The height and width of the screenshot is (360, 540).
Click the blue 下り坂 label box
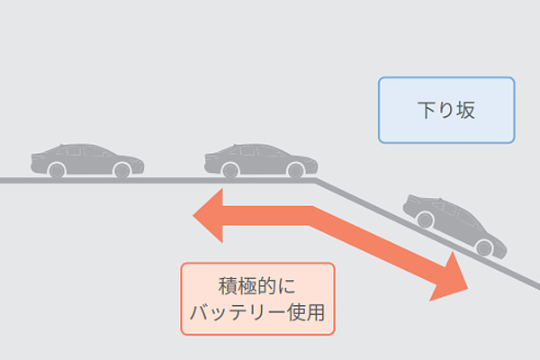(446, 110)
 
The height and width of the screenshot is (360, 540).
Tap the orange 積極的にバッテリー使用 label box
(257, 299)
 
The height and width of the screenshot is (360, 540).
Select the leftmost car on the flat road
(86, 159)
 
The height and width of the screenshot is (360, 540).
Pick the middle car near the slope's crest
(261, 159)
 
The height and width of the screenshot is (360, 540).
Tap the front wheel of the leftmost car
(119, 169)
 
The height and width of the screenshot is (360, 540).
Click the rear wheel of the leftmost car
(57, 169)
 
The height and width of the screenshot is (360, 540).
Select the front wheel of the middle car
(293, 169)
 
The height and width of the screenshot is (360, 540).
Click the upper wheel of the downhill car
(426, 218)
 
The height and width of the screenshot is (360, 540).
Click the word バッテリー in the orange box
(237, 313)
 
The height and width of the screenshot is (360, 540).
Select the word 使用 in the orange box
(307, 313)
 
